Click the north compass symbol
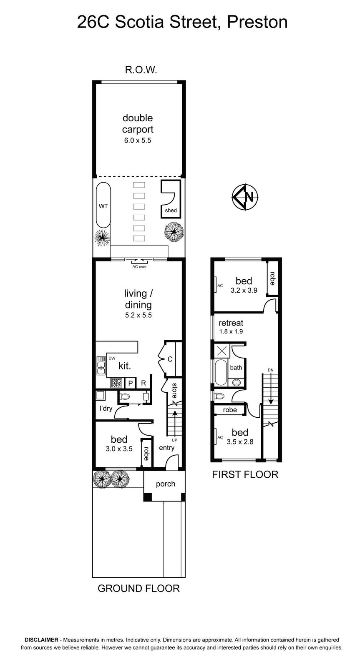pyautogui.click(x=245, y=197)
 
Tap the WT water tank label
pyautogui.click(x=103, y=206)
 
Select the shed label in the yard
pyautogui.click(x=171, y=210)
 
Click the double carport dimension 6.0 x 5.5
pyautogui.click(x=138, y=140)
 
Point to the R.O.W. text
pyautogui.click(x=141, y=70)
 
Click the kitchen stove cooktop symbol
pyautogui.click(x=116, y=383)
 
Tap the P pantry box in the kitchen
pyautogui.click(x=130, y=383)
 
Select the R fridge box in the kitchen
pyautogui.click(x=143, y=383)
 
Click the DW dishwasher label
pyautogui.click(x=112, y=358)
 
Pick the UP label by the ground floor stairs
pyautogui.click(x=174, y=440)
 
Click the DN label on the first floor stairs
pyautogui.click(x=270, y=370)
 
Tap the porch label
pyautogui.click(x=165, y=484)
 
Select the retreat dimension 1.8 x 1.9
pyautogui.click(x=231, y=331)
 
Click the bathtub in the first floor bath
pyautogui.click(x=221, y=372)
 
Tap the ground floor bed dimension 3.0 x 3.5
pyautogui.click(x=119, y=449)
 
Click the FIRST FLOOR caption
pyautogui.click(x=245, y=474)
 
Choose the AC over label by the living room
pyautogui.click(x=139, y=267)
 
